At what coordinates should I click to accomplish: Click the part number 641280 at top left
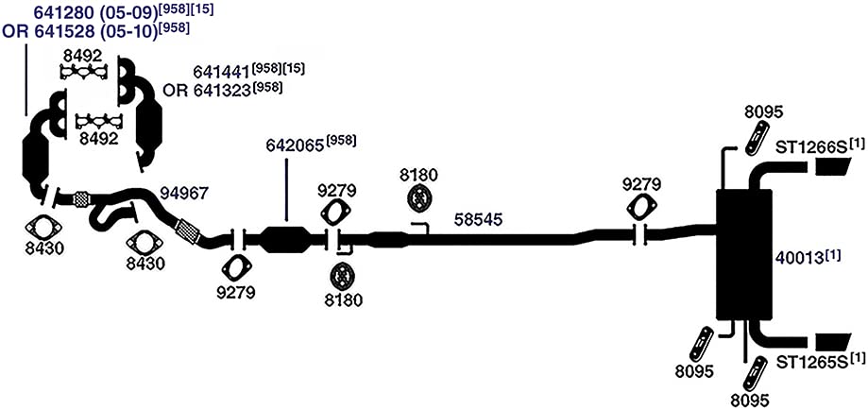(70, 12)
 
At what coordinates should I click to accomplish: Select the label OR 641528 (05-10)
(79, 31)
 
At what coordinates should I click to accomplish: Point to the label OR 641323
(207, 91)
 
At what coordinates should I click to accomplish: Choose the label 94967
(184, 193)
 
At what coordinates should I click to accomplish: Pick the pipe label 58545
(478, 220)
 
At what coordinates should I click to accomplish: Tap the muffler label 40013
(799, 258)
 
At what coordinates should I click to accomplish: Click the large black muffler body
(743, 255)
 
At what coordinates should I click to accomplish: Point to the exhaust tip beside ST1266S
(833, 167)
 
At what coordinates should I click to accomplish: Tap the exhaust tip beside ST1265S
(833, 342)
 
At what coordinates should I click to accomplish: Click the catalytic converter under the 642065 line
(285, 239)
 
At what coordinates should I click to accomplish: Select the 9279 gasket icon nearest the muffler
(641, 208)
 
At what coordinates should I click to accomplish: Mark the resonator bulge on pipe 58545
(387, 239)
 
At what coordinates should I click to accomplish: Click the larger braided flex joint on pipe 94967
(187, 231)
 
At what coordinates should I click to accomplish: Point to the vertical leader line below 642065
(286, 191)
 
